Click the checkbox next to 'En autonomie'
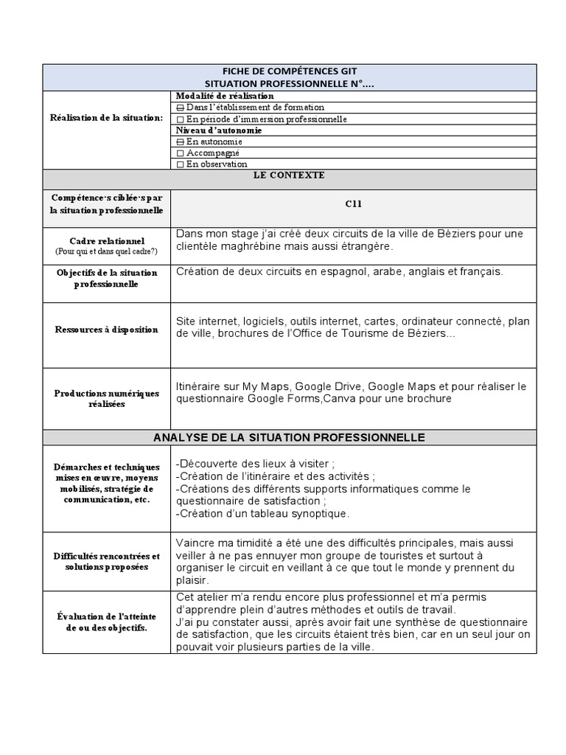tap(181, 142)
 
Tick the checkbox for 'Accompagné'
tap(181, 153)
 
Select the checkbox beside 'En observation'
tap(181, 164)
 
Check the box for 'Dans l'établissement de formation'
tap(181, 108)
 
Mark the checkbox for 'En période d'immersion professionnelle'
tap(181, 119)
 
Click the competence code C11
tap(354, 204)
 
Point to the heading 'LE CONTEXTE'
tap(290, 176)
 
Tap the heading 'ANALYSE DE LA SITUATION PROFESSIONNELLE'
tap(290, 437)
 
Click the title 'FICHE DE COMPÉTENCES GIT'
tap(290, 72)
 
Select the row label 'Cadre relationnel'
tap(107, 241)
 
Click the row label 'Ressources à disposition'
tap(107, 330)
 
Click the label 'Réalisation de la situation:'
tap(107, 118)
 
